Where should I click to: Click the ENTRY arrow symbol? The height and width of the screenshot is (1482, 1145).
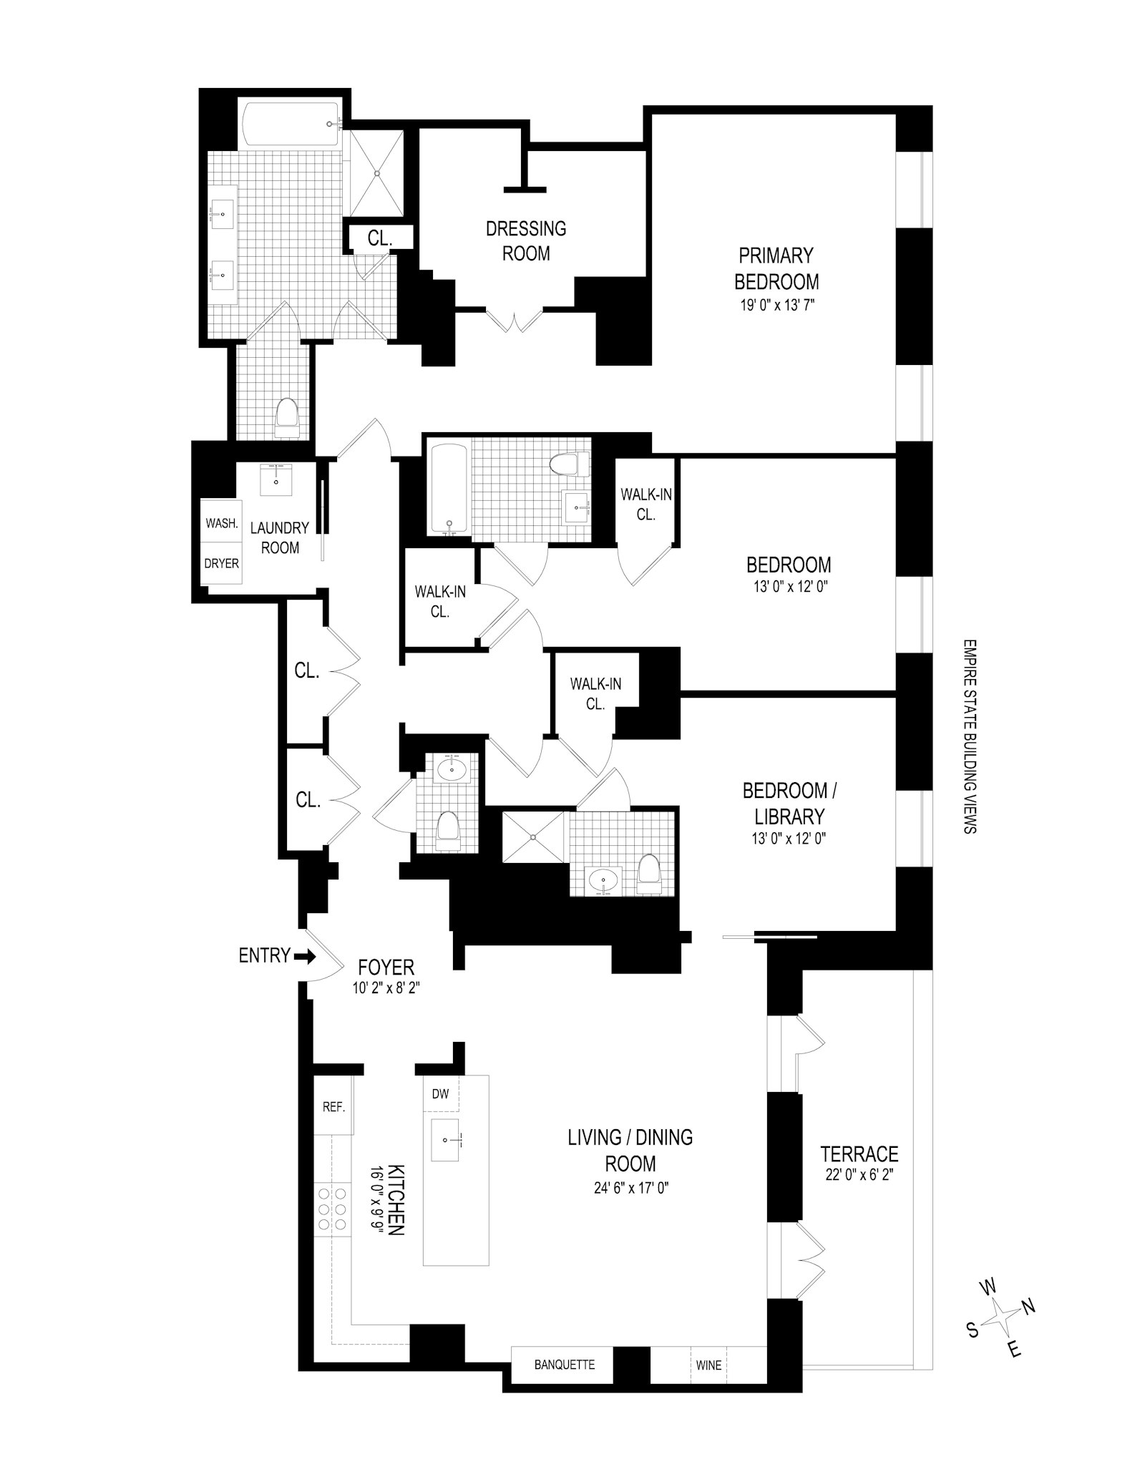pos(305,956)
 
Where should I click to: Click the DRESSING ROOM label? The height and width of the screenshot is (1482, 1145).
pos(526,240)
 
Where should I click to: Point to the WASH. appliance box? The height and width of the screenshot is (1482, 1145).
pos(222,523)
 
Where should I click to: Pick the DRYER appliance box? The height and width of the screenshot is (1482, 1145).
pos(222,563)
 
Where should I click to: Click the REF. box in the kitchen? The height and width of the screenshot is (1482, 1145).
pos(333,1107)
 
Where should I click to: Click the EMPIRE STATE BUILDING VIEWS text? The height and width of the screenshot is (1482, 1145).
pos(970,736)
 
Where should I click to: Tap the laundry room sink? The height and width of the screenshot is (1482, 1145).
pos(276,479)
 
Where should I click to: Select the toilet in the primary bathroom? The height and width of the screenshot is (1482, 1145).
pos(287,418)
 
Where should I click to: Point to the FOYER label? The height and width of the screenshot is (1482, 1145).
pos(386,967)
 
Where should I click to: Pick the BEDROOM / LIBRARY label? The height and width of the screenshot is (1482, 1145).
pos(789,804)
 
